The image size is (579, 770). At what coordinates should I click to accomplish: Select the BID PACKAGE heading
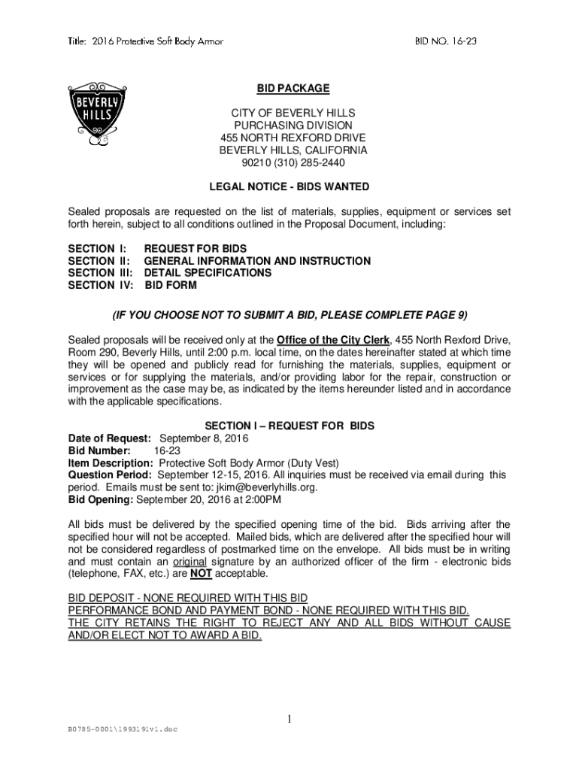pos(293,89)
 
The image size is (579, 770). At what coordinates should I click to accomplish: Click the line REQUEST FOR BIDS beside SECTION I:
pos(196,249)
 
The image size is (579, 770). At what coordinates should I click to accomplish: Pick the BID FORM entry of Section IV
pos(172,285)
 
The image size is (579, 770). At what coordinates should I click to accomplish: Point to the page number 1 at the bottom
pos(289,720)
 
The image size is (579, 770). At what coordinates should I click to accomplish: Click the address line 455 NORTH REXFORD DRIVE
pos(293,138)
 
